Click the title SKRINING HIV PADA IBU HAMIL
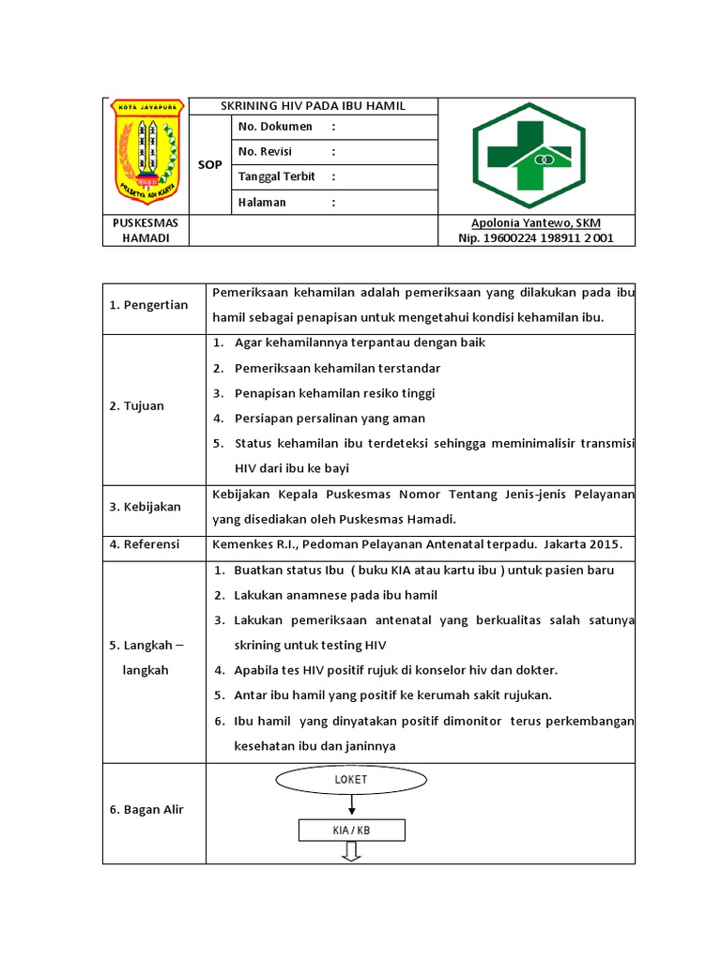pos(313,106)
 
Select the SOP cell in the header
pos(210,164)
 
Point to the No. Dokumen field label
pos(275,127)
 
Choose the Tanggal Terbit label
pos(277,176)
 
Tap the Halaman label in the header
pos(262,202)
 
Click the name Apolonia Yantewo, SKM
pos(536,222)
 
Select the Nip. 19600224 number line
pos(536,238)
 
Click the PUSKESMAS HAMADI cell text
pos(146,231)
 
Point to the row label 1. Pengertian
pos(149,305)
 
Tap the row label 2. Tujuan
pos(137,405)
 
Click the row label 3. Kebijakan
pos(146,507)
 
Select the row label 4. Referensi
pos(146,544)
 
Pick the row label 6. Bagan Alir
pos(147,809)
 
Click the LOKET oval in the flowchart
pos(350,780)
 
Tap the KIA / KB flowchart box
pos(351,831)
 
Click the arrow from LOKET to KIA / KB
pos(351,805)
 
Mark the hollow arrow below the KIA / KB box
pos(351,852)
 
